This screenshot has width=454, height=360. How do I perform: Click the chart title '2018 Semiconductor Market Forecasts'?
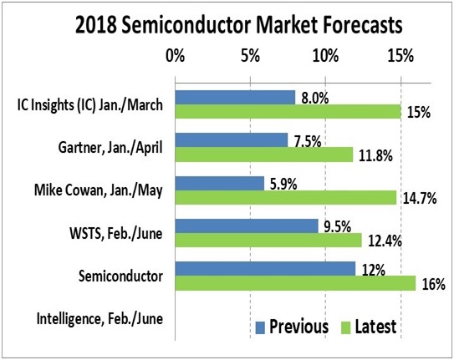[239, 25]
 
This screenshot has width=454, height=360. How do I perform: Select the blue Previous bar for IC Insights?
[235, 98]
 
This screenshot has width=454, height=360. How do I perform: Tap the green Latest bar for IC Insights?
[288, 111]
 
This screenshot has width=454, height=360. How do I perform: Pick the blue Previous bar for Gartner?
[232, 140]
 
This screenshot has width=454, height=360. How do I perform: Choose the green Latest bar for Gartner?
[264, 155]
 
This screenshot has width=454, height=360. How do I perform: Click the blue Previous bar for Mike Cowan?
[220, 183]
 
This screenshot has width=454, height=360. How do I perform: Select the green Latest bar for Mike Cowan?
[286, 197]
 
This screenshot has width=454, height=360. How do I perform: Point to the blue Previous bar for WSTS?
[247, 226]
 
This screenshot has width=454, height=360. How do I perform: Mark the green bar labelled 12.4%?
[268, 241]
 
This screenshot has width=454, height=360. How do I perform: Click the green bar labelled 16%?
[296, 283]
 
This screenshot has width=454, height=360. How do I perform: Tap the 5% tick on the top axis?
[250, 56]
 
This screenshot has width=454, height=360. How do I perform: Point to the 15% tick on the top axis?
[400, 56]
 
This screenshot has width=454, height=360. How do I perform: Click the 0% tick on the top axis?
[176, 56]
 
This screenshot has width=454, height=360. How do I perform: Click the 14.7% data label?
[420, 198]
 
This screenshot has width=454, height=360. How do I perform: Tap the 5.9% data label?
[283, 185]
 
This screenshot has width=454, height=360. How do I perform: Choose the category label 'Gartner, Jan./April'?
[110, 148]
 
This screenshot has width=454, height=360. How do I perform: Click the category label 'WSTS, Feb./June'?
[116, 233]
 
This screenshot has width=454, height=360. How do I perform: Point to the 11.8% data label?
[375, 156]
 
